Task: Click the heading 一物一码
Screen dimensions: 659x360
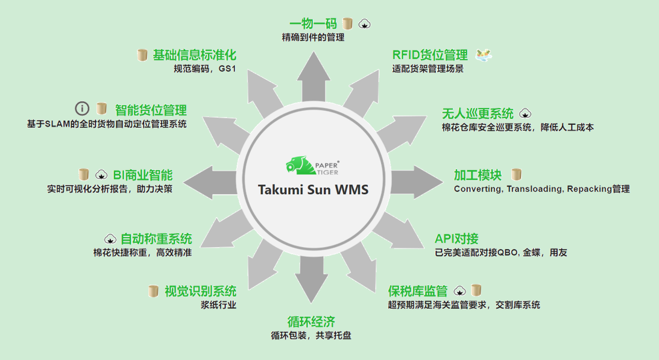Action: (x=313, y=24)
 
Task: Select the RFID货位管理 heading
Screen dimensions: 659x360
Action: (x=429, y=55)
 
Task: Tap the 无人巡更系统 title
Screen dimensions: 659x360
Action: (x=478, y=113)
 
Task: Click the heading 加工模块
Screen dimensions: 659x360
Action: (x=478, y=175)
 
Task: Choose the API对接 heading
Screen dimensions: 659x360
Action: (x=456, y=239)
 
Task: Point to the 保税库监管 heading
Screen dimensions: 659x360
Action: (x=417, y=291)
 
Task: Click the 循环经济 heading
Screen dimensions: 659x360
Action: (x=311, y=322)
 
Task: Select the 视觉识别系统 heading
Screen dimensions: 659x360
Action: (x=200, y=291)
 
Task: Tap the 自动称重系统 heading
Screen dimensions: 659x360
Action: (x=156, y=239)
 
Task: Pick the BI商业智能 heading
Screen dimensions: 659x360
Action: (x=143, y=175)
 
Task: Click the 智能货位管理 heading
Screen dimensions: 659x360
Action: (x=151, y=110)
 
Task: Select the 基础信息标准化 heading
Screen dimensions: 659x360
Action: (x=194, y=55)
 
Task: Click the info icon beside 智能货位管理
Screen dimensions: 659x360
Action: (x=82, y=109)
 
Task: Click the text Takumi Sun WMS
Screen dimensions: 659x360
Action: (x=313, y=190)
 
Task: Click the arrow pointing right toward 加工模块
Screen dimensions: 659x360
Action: (x=417, y=182)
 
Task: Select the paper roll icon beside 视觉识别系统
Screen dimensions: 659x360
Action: (x=153, y=291)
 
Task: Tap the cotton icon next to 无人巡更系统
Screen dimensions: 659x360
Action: (x=525, y=113)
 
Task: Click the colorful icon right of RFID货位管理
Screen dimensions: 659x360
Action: (x=484, y=55)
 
